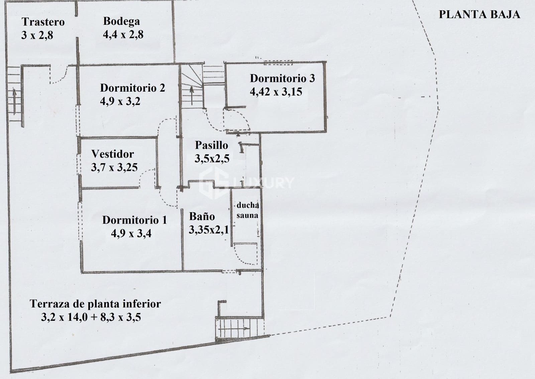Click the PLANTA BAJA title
pos(479,14)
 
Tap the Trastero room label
pos(43,22)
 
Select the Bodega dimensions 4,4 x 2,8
pos(123,34)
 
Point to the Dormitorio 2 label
pos(132,88)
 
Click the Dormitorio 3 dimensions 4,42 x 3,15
pos(276,92)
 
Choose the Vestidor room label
pos(112,154)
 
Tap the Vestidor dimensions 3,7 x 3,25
pos(114,167)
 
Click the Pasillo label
pos(211,145)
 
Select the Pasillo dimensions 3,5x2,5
pos(212,158)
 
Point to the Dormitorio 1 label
pos(134,220)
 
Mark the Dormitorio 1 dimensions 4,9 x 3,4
pos(131,233)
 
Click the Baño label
pos(202,217)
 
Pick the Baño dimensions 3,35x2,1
pos(209,230)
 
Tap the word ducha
pos(248,205)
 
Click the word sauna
pos(247,216)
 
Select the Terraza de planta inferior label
pos(95,304)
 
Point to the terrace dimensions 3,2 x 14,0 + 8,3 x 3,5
pos(91,317)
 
